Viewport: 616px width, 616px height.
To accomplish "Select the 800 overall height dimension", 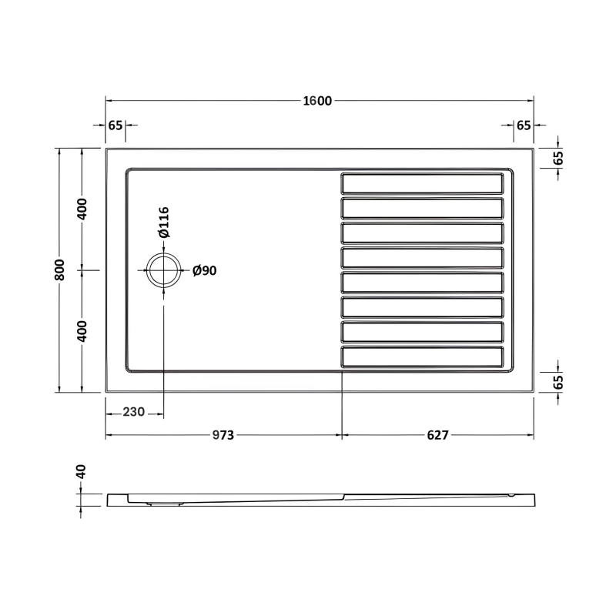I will pyautogui.click(x=60, y=269).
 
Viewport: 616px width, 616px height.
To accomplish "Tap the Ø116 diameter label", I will pyautogui.click(x=163, y=223).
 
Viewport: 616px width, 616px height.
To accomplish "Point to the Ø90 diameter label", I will pyautogui.click(x=204, y=270).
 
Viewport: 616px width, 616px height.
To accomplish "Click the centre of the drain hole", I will pyautogui.click(x=163, y=270).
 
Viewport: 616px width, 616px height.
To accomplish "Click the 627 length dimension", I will pyautogui.click(x=437, y=436).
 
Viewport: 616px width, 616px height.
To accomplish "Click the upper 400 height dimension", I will pyautogui.click(x=82, y=209).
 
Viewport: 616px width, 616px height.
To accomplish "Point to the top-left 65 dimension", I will pyautogui.click(x=115, y=126).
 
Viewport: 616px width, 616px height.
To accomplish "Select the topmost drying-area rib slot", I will pyautogui.click(x=423, y=183).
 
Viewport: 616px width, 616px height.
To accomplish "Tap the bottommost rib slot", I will pyautogui.click(x=423, y=357).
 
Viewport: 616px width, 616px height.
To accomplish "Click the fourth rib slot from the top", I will pyautogui.click(x=423, y=257).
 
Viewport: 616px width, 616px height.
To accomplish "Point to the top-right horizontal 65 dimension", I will pyautogui.click(x=524, y=126).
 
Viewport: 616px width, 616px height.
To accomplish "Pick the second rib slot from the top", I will pyautogui.click(x=423, y=208).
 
